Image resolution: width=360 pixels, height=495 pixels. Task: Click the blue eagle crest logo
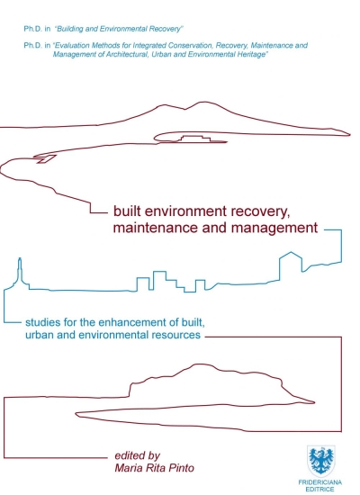coord(320,461)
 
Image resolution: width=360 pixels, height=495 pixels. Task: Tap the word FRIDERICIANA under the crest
coord(319,482)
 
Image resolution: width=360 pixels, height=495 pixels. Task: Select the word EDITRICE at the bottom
coord(319,490)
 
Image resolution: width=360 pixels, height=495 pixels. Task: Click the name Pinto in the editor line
coord(181,467)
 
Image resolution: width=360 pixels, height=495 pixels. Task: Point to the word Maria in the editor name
coord(128,467)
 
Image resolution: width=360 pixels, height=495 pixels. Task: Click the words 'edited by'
coord(138,456)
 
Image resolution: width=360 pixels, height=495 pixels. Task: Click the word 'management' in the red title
coord(274,229)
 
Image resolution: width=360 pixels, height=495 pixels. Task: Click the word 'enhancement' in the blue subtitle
coord(133,322)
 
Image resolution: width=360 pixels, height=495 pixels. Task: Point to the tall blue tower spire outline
coord(20,270)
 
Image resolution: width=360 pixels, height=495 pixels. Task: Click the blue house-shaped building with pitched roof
coord(291,265)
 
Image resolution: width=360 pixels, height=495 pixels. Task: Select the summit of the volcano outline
coord(202,103)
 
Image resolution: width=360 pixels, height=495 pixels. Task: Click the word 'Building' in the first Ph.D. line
coord(69,29)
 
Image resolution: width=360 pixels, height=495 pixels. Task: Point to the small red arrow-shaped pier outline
coord(45,158)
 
